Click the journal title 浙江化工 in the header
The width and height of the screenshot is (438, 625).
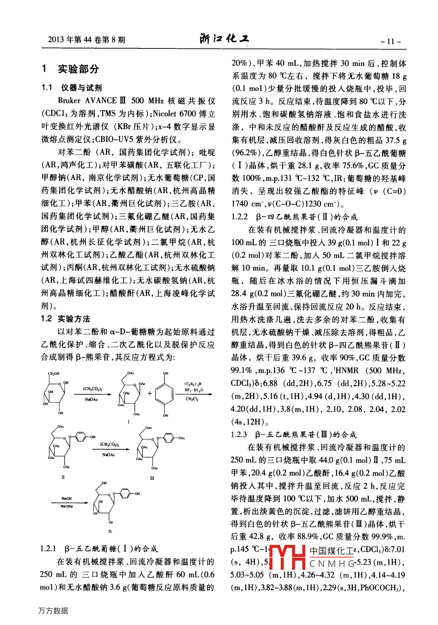[x=224, y=39]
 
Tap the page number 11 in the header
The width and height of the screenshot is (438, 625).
[x=390, y=41]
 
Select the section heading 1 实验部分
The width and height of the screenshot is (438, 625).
[x=70, y=69]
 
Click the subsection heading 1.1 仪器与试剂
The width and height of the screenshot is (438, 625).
[x=72, y=88]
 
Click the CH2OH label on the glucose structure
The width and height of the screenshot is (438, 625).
[x=54, y=374]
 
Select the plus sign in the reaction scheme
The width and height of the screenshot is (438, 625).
[x=150, y=393]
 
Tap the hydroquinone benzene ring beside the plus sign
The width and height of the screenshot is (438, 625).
[x=165, y=394]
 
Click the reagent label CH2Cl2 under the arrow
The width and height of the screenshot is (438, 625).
[x=192, y=399]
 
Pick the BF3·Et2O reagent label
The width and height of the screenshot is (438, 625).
[x=193, y=390]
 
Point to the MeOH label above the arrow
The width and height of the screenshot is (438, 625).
[x=67, y=498]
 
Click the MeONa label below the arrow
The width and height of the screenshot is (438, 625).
[x=67, y=506]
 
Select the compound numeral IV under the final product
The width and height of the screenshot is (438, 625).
[x=110, y=531]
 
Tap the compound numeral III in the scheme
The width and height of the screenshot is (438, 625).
[x=152, y=478]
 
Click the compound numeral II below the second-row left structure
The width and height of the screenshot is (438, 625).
[x=63, y=477]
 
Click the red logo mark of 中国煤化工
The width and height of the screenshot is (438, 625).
[x=287, y=557]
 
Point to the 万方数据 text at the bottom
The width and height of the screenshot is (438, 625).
[x=53, y=611]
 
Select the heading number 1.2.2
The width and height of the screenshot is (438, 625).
[x=239, y=217]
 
